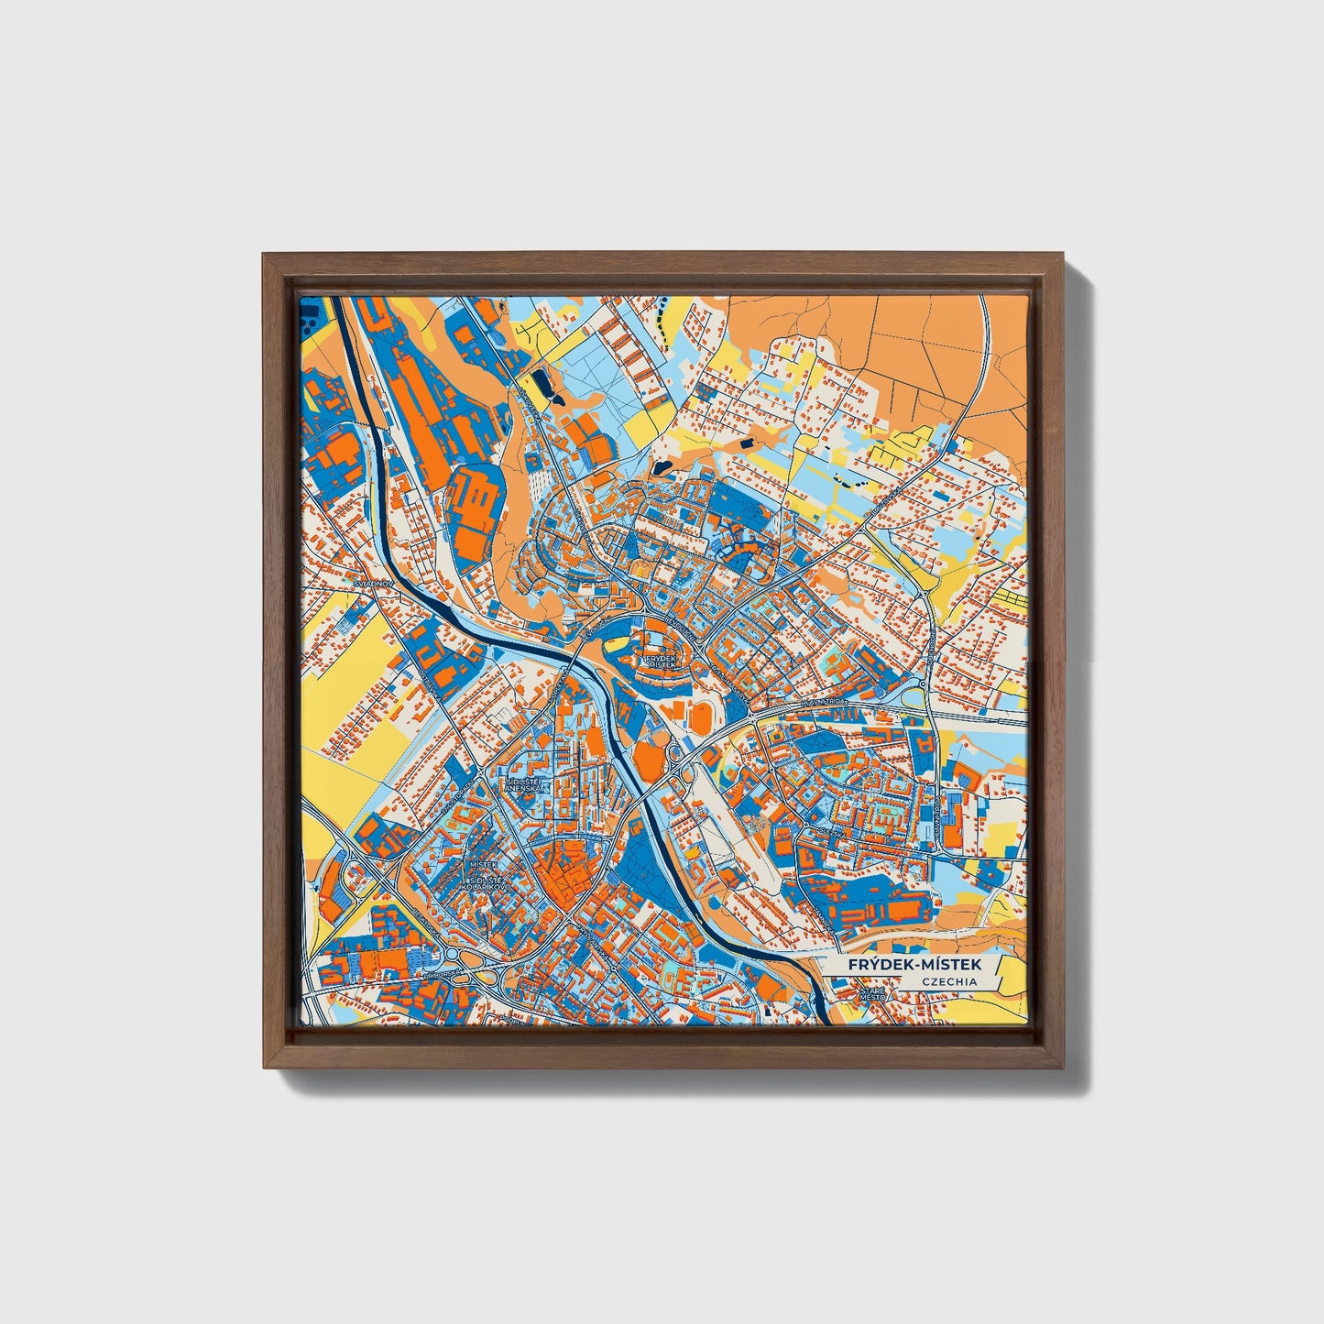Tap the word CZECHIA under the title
tap(949, 981)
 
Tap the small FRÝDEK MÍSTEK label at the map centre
tap(660, 660)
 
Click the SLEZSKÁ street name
tap(815, 830)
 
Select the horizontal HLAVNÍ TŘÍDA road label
tap(826, 702)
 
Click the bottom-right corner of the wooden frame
tap(1063, 1068)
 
